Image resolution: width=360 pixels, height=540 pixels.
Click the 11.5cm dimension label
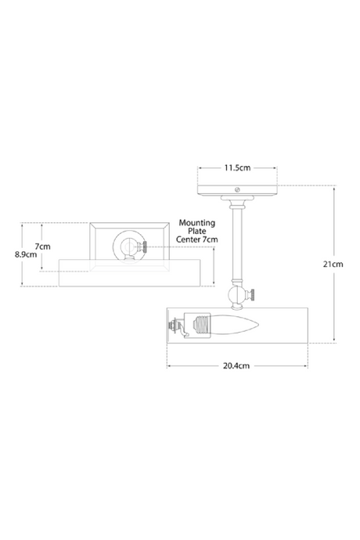tap(237, 167)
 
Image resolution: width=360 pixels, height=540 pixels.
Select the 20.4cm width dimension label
tap(236, 365)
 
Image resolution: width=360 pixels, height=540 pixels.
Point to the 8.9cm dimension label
tap(27, 254)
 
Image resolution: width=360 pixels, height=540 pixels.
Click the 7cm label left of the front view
tap(44, 246)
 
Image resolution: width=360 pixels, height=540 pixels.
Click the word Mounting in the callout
tap(197, 222)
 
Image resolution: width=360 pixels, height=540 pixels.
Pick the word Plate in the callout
tap(197, 231)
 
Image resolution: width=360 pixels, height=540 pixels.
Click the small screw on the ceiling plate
tap(238, 188)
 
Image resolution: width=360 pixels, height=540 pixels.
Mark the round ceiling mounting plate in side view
tap(237, 191)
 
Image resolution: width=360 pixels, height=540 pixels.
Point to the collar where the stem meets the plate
tap(236, 204)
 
